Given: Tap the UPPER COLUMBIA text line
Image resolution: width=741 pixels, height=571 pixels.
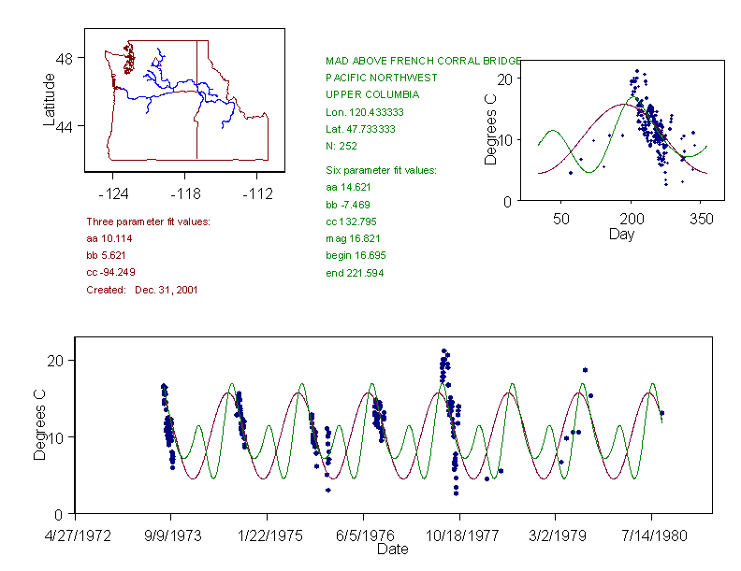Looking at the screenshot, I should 372,94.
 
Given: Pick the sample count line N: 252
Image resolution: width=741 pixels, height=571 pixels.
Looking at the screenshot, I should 341,146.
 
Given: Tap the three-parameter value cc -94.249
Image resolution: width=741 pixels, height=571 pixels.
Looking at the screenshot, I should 110,272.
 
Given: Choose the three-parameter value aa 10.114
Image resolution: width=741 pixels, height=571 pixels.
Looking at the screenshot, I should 109,238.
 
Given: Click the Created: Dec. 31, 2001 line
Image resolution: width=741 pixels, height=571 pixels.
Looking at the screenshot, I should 142,290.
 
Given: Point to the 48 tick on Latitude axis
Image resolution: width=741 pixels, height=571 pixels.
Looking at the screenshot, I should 65,58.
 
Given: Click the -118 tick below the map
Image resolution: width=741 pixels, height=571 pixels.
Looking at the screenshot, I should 185,193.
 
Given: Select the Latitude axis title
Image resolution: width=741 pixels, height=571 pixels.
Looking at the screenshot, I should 50,100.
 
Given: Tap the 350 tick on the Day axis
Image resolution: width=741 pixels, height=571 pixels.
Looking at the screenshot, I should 701,219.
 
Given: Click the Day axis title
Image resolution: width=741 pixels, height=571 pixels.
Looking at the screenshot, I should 621,234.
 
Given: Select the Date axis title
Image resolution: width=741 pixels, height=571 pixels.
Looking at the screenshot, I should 393,549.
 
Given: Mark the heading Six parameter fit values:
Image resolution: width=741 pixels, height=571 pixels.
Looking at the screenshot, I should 374,170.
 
